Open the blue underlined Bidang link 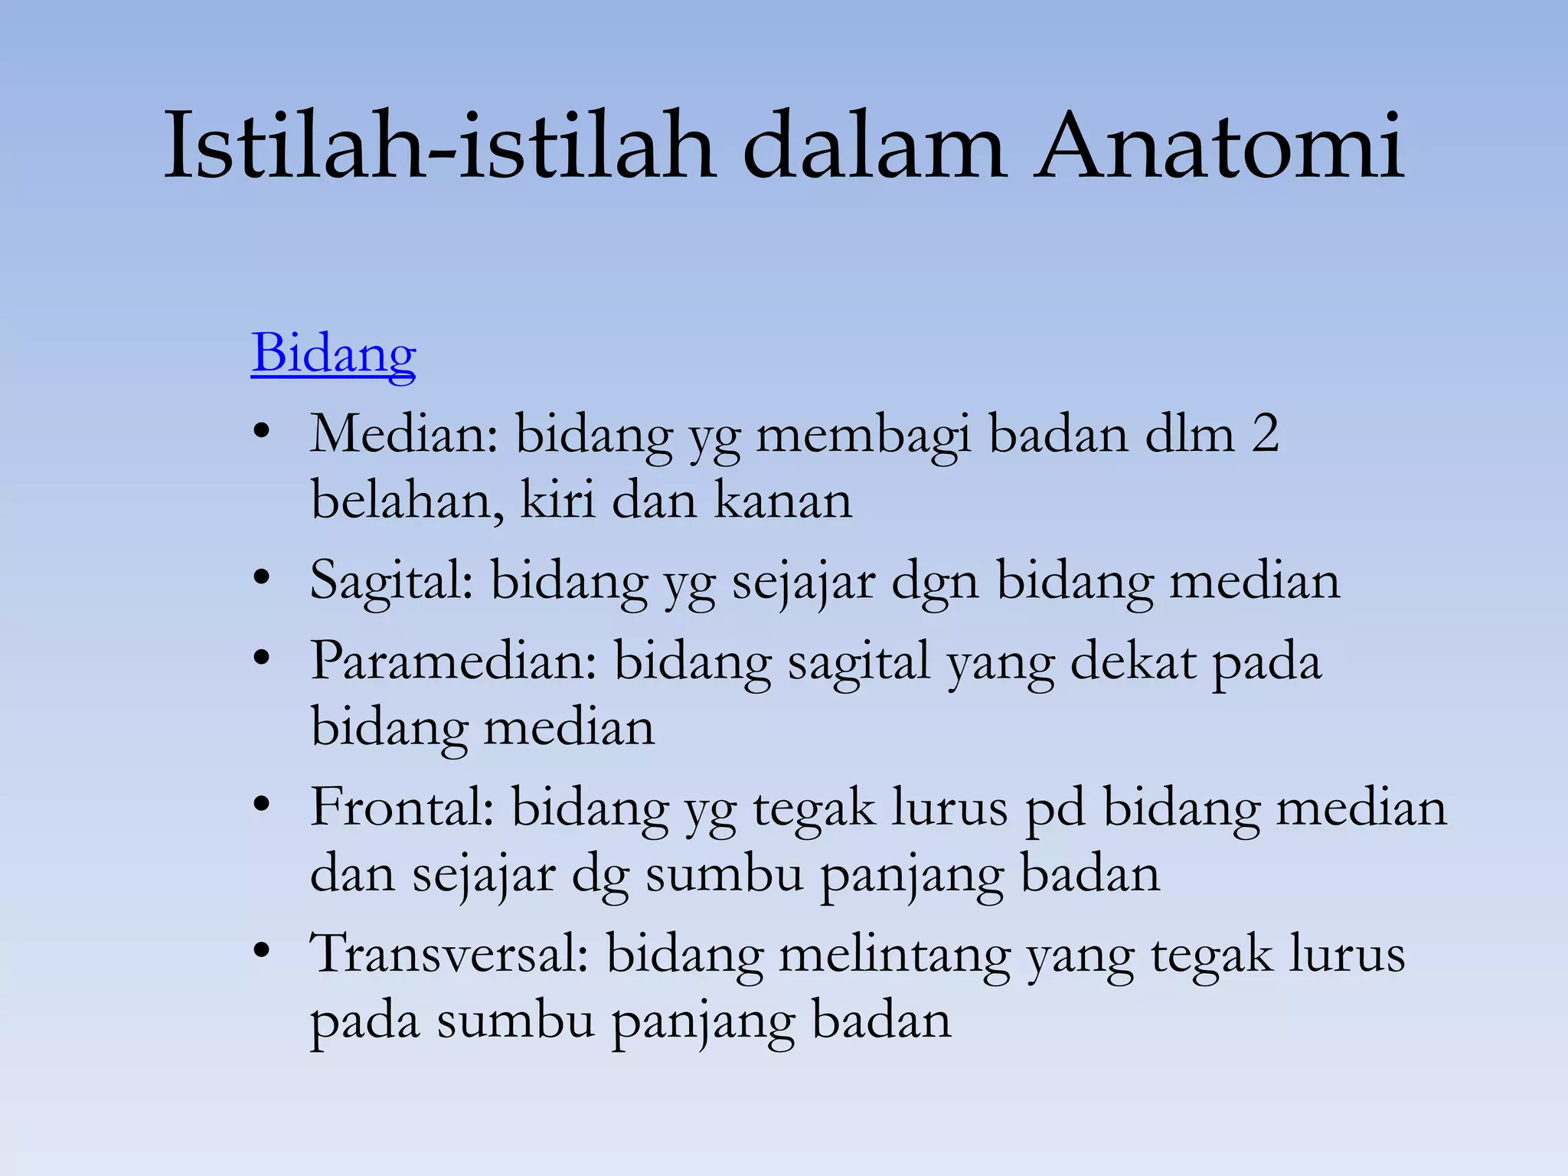tap(333, 354)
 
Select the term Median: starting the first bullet tap(404, 434)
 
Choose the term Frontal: tap(402, 808)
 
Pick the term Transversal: tap(449, 954)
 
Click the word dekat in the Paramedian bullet tap(1132, 661)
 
